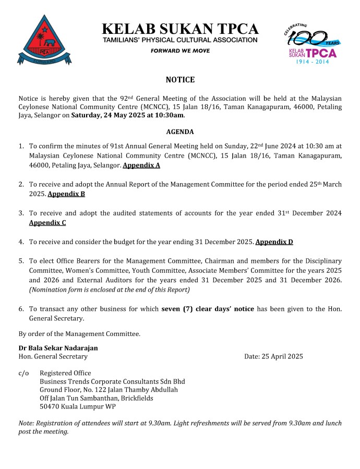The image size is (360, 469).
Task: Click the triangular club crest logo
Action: pyautogui.click(x=44, y=41)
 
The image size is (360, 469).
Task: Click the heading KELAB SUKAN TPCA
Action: pyautogui.click(x=180, y=29)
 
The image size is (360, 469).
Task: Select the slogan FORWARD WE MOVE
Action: pyautogui.click(x=180, y=51)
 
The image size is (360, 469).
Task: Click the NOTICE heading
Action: pyautogui.click(x=180, y=80)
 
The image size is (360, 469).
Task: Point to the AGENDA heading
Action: pyautogui.click(x=180, y=132)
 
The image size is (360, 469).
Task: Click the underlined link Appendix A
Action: pyautogui.click(x=141, y=165)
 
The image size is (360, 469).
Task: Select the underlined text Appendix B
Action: pyautogui.click(x=66, y=194)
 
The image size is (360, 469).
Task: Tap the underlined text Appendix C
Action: pyautogui.click(x=47, y=223)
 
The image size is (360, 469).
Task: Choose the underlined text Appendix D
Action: pyautogui.click(x=274, y=242)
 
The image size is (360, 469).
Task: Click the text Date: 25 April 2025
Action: pyautogui.click(x=273, y=357)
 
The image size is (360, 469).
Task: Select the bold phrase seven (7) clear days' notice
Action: pyautogui.click(x=208, y=309)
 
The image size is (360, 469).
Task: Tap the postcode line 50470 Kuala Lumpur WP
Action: pyautogui.click(x=78, y=406)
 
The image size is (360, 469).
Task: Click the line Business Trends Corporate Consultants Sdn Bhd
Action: pyautogui.click(x=112, y=381)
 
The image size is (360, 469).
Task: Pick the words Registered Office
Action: pyautogui.click(x=65, y=373)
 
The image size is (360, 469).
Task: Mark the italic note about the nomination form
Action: pyautogui.click(x=110, y=290)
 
